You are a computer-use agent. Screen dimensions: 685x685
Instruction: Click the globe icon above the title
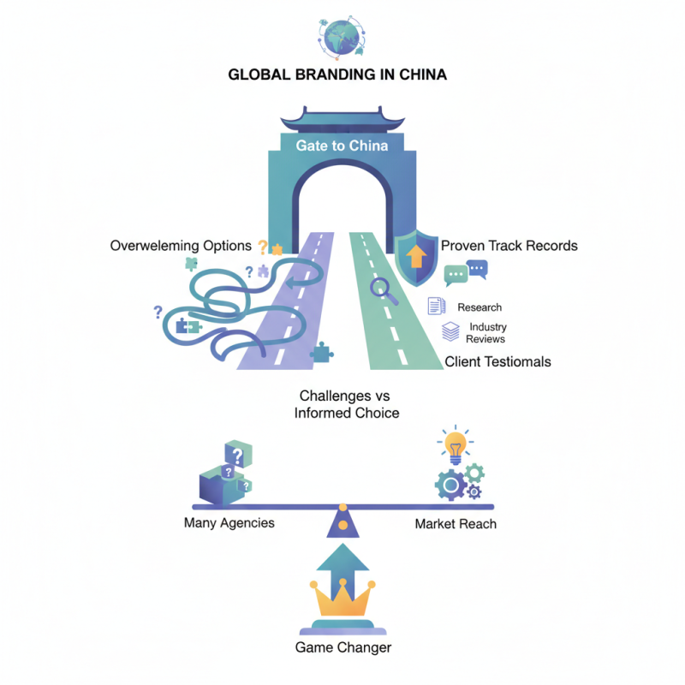pos(342,33)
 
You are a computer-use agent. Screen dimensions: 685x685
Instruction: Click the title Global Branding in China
pos(337,75)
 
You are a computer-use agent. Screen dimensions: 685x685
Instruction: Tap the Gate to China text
pos(342,146)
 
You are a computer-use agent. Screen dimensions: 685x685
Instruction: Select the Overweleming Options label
pos(181,246)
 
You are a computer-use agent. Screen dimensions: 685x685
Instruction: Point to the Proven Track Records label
pos(509,246)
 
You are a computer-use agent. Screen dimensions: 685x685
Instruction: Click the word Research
pos(479,307)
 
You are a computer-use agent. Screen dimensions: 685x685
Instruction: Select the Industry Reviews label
pos(486,333)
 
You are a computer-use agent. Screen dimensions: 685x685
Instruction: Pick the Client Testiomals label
pos(497,362)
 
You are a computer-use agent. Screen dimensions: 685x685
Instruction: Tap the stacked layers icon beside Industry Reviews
pos(450,332)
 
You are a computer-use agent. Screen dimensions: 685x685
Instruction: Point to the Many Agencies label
pos(229,522)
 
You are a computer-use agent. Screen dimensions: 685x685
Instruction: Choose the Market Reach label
pos(456,523)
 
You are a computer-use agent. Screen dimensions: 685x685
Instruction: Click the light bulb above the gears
pos(455,445)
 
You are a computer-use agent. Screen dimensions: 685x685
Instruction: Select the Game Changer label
pos(342,647)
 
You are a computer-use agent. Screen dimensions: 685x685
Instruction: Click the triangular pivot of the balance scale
pos(342,522)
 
